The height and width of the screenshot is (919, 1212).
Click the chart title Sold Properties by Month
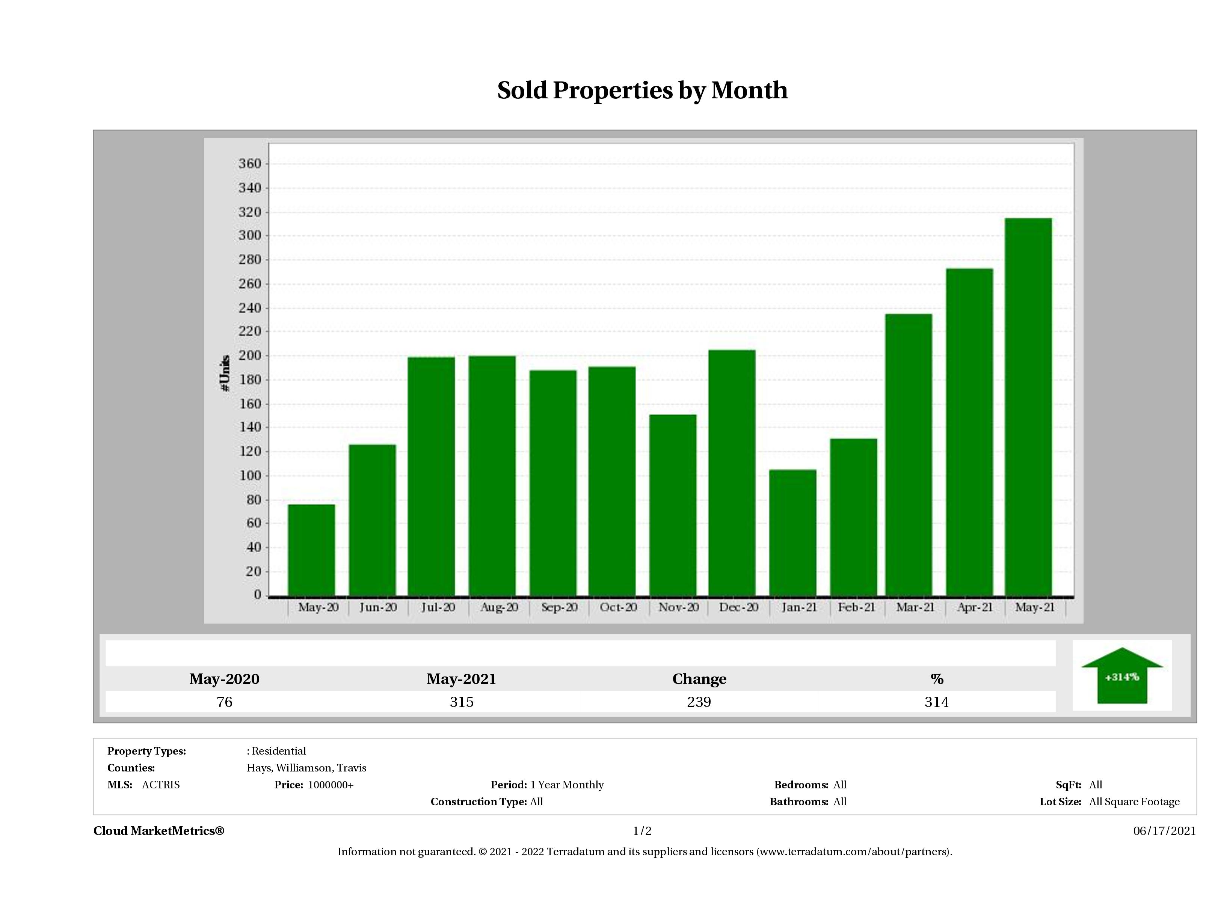point(642,90)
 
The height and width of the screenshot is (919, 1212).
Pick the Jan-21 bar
point(792,532)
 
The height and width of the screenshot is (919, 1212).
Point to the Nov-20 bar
point(673,505)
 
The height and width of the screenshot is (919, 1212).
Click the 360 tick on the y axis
point(250,164)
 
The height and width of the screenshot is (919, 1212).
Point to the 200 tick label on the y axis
point(250,356)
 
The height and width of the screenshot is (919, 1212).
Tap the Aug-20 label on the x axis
point(499,607)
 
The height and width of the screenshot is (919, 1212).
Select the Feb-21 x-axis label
point(856,607)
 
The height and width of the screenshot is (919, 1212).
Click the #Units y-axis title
point(225,373)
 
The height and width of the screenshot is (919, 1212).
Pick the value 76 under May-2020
point(225,702)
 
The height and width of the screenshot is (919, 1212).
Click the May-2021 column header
point(461,679)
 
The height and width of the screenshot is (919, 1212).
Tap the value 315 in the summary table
point(461,702)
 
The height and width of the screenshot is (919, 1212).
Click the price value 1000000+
point(331,785)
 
